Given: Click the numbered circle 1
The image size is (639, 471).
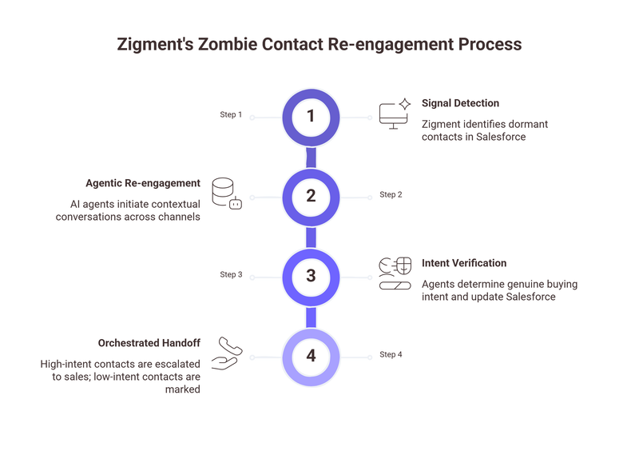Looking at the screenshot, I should coord(312,117).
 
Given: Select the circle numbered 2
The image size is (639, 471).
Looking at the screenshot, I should coord(312,196).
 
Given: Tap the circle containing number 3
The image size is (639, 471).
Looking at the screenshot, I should coord(312,275).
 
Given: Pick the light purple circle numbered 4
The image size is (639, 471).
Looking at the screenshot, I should coord(312,354).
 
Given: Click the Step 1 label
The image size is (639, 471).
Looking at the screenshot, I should coord(231,115).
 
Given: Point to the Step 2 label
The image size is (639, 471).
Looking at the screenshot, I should coord(391,194).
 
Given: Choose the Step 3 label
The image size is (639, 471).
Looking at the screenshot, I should coord(231,274).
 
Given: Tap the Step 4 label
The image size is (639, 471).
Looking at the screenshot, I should coord(391,354).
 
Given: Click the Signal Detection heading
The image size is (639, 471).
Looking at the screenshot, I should coord(460,103).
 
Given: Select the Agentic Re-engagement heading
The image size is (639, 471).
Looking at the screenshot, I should coord(143,183).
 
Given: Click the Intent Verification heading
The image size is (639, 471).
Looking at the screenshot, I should coord(464,263).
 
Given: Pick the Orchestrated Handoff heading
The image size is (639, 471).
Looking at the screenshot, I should coord(149,343).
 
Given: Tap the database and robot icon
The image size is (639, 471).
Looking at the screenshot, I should coord(227,194).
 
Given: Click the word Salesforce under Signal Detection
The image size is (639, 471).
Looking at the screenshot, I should coord(496,138).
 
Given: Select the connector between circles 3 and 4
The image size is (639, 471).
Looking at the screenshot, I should coord(312,315).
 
